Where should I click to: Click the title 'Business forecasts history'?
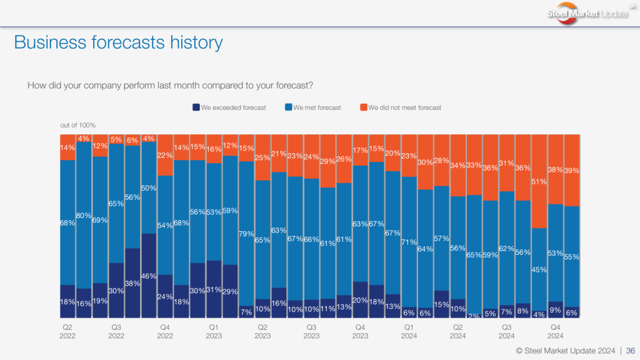118,42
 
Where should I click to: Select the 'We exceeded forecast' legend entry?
229,107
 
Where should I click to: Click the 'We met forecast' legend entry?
313,107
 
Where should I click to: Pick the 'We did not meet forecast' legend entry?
401,107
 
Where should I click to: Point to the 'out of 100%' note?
78,125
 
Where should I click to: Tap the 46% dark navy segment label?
149,276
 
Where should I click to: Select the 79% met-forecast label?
246,234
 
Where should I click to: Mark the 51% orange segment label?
539,182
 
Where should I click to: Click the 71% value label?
409,242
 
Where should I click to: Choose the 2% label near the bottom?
474,316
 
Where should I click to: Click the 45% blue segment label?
539,269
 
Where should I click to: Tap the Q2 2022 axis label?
67,331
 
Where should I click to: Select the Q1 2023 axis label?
214,331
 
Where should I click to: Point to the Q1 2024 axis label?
409,331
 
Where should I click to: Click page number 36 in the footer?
631,351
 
